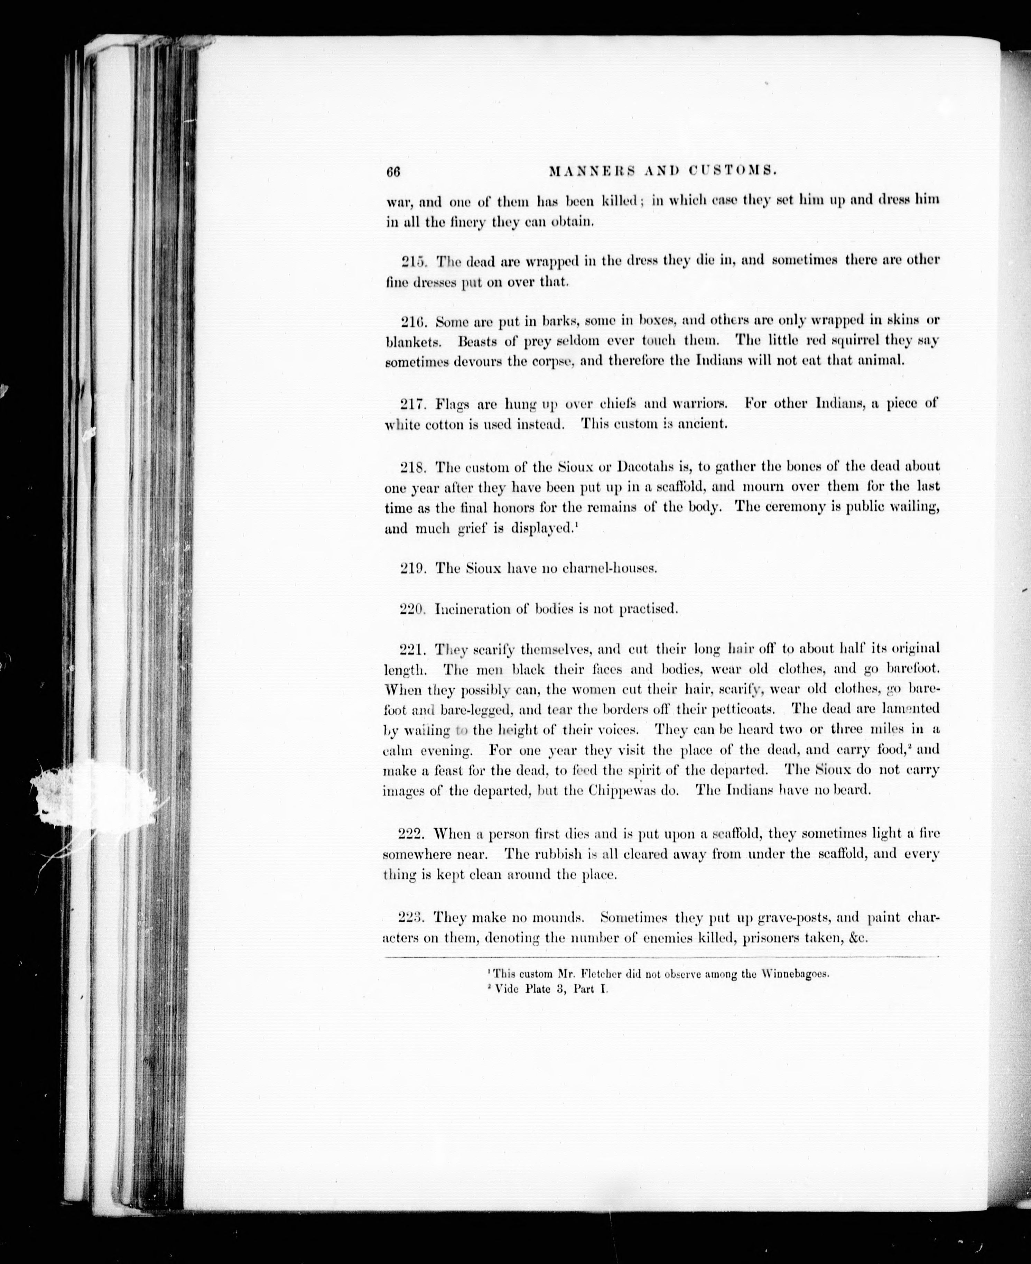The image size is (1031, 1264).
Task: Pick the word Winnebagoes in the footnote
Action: click(794, 974)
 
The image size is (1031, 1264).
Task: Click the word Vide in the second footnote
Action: click(506, 989)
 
